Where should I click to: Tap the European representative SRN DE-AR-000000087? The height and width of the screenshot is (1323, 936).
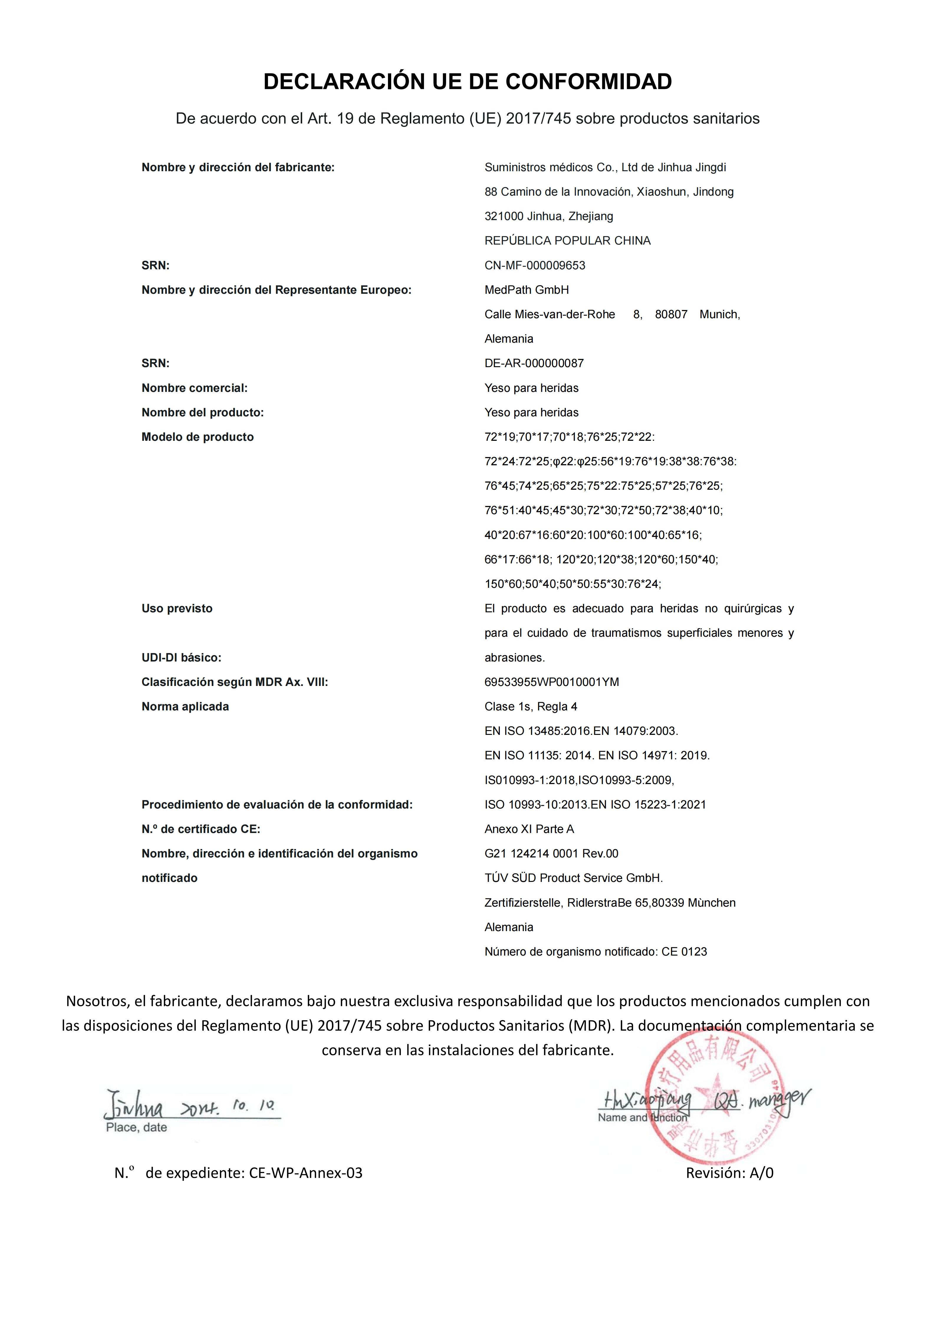[534, 364]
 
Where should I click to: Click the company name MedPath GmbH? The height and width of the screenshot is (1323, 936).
[526, 290]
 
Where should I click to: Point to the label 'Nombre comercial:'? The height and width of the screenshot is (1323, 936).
[194, 388]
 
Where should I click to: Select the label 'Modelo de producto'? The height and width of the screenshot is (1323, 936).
[197, 437]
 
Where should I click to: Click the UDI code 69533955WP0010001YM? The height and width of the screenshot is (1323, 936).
[552, 682]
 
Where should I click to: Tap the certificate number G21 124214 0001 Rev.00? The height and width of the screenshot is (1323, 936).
[551, 854]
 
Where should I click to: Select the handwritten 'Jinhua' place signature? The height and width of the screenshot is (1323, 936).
[134, 1106]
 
